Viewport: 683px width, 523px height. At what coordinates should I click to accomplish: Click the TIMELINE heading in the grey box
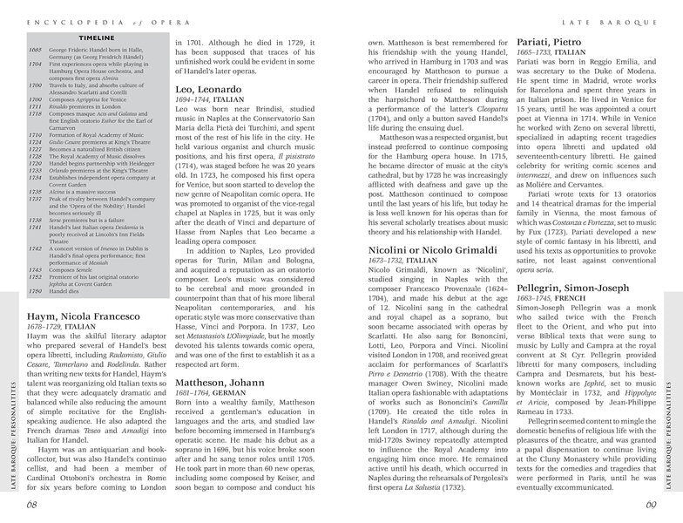[92, 39]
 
